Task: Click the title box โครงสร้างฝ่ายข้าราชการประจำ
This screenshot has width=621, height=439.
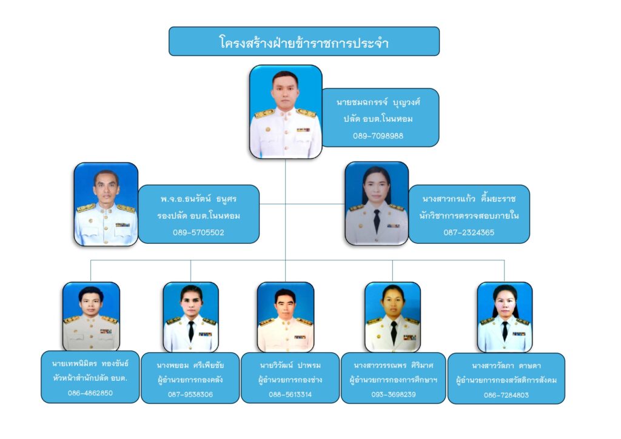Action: (304, 42)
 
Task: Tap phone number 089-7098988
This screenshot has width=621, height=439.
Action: (378, 136)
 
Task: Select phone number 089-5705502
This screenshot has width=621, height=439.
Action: (198, 232)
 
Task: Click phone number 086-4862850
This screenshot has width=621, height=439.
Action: (90, 392)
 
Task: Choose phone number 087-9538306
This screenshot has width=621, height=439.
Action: (190, 394)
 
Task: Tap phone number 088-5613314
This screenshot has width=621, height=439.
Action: (290, 394)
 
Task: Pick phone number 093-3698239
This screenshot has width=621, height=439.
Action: (393, 394)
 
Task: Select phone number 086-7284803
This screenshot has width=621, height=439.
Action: (506, 395)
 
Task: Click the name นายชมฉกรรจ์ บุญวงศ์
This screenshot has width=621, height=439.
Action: (378, 102)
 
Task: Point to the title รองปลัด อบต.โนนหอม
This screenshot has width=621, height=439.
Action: (198, 216)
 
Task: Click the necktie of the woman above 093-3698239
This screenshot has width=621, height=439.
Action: (394, 331)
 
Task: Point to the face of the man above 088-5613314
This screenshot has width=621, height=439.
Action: (285, 301)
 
